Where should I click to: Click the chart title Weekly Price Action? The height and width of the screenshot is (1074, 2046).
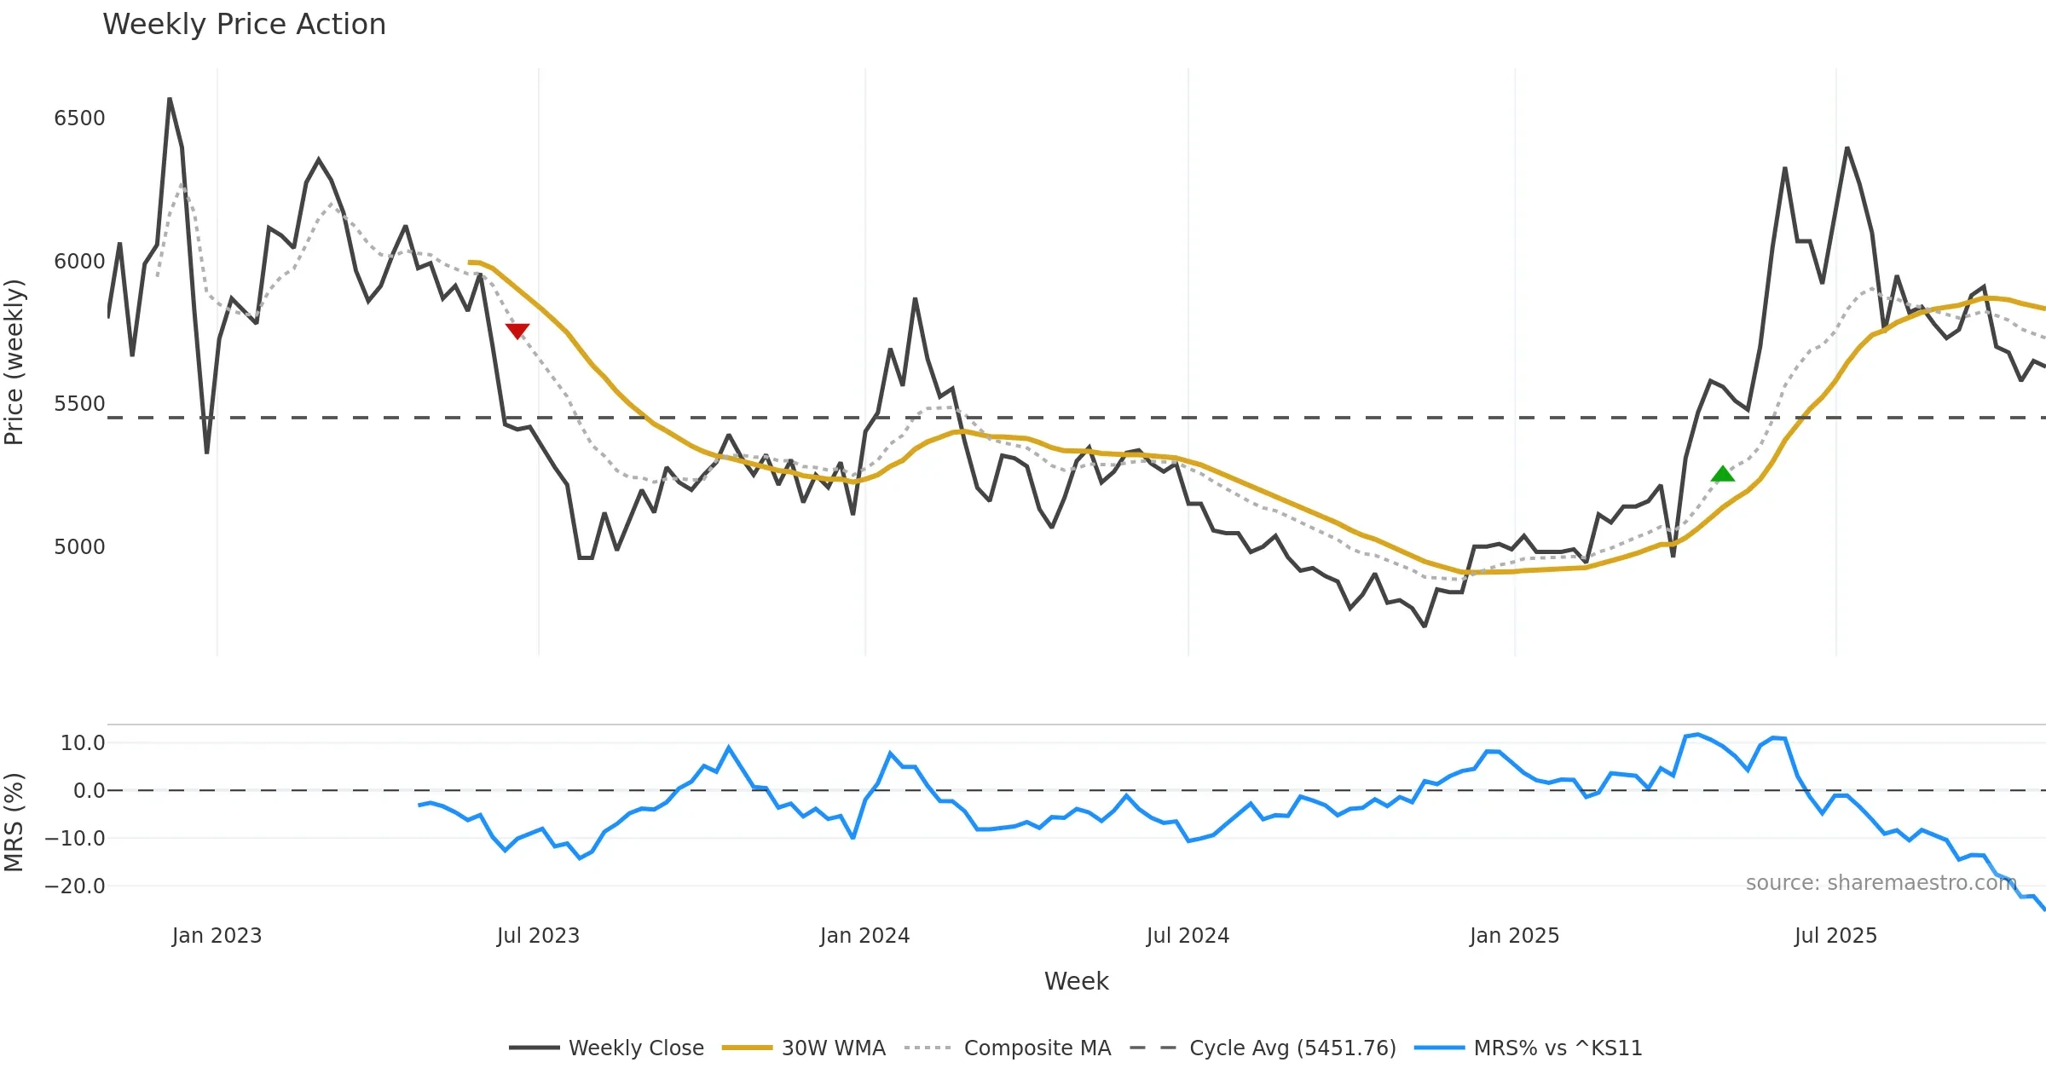click(x=244, y=25)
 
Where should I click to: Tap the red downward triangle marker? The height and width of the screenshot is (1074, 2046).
click(x=517, y=331)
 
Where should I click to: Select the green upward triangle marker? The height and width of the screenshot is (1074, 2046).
click(x=1723, y=474)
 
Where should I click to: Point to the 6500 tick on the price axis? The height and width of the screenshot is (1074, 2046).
click(x=79, y=118)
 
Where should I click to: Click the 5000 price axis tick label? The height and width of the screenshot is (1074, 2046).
click(x=79, y=546)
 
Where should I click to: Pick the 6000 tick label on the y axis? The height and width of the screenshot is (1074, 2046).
click(x=79, y=262)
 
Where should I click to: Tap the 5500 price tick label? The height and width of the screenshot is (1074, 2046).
click(x=79, y=404)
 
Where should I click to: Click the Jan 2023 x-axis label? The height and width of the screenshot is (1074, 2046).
click(x=217, y=936)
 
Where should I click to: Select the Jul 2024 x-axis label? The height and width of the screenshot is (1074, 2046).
click(x=1188, y=936)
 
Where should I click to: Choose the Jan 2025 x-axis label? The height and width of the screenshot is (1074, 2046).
click(x=1514, y=936)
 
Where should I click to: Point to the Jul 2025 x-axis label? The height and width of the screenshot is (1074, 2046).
click(x=1835, y=936)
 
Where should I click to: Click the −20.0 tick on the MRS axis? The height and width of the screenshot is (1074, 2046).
click(x=75, y=886)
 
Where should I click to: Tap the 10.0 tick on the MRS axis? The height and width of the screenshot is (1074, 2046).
click(x=83, y=743)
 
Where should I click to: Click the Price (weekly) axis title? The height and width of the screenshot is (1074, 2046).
click(x=14, y=362)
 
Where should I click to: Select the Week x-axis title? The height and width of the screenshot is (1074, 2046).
click(x=1076, y=982)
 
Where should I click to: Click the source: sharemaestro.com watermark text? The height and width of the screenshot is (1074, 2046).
click(x=1881, y=883)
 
